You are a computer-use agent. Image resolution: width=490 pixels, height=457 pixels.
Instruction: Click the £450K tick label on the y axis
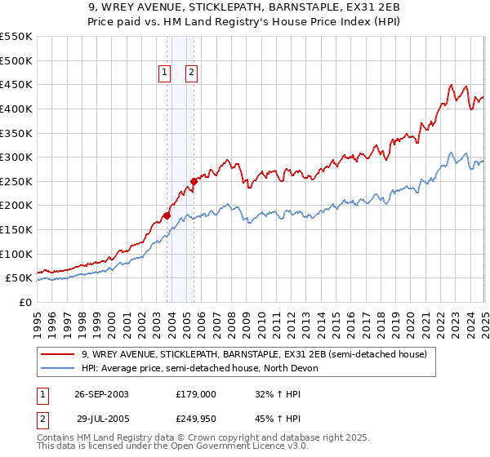point(16,84)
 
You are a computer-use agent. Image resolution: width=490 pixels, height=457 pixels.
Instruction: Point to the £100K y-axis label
point(16,254)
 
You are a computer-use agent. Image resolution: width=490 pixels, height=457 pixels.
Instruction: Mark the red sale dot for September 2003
point(167,215)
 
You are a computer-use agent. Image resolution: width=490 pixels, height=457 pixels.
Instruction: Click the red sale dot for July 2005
point(194,181)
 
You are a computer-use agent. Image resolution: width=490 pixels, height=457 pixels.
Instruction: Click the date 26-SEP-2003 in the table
point(101,393)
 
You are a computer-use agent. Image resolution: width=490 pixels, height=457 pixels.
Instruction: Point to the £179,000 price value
point(195,393)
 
